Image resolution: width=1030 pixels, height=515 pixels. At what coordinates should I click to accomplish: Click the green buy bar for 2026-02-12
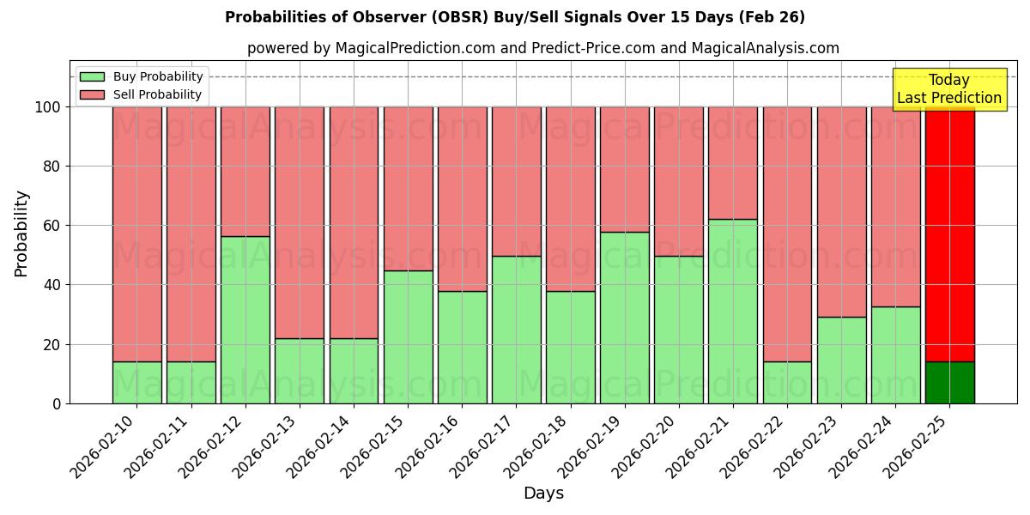tap(245, 319)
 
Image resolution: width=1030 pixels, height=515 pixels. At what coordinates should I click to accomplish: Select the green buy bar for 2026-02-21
tap(733, 311)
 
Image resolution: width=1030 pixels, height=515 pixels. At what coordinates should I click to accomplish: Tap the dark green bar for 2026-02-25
tap(949, 383)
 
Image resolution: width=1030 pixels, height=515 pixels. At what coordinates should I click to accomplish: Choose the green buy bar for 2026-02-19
tap(624, 318)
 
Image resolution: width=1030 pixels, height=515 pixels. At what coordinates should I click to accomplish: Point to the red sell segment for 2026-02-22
tap(787, 233)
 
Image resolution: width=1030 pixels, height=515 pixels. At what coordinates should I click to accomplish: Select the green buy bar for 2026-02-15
tap(408, 336)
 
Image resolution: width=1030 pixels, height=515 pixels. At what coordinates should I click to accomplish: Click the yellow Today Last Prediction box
tap(948, 89)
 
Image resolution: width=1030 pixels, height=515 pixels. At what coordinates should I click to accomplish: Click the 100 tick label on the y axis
tap(48, 107)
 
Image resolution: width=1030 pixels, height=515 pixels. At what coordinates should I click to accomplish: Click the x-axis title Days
tap(543, 494)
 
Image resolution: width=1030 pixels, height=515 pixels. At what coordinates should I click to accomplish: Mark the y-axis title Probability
tap(21, 233)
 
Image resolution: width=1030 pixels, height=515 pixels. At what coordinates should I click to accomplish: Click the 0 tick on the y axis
tap(57, 403)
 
